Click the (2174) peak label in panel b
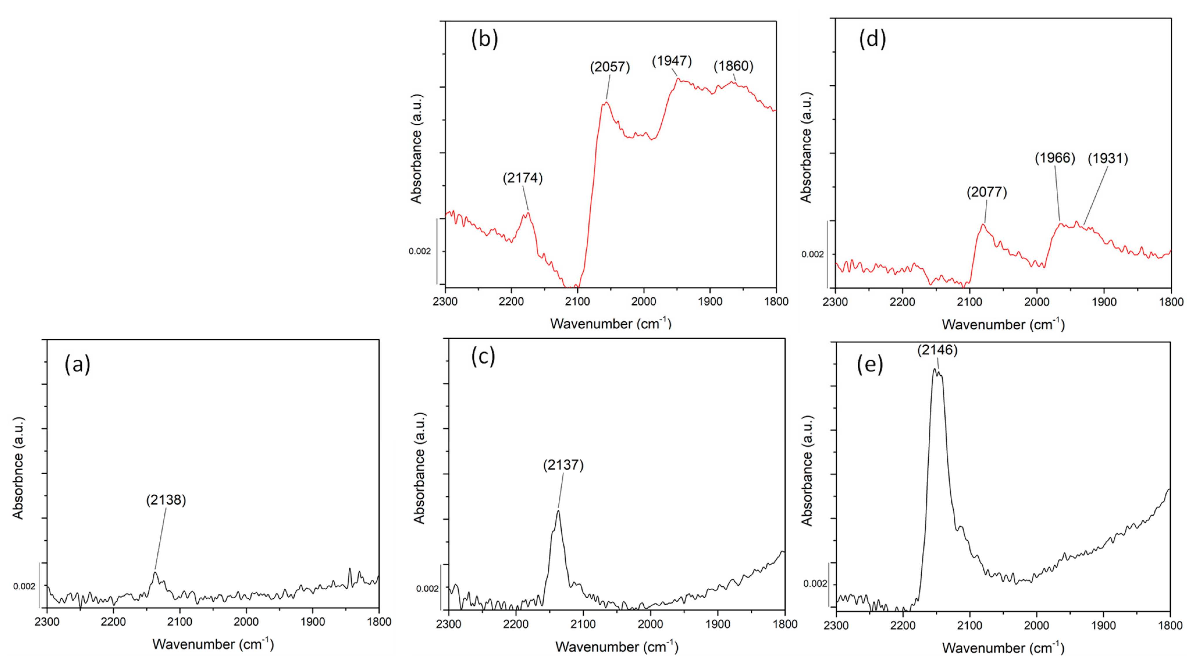click(522, 178)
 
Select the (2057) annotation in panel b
click(609, 67)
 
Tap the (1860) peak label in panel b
click(733, 66)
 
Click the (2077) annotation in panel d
click(987, 192)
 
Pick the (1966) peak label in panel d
click(1055, 158)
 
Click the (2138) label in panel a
click(166, 500)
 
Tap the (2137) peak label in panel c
click(563, 465)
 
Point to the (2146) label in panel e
click(937, 350)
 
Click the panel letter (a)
click(77, 364)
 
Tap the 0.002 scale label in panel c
click(427, 589)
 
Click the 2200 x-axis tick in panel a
click(113, 622)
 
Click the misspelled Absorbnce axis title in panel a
click(17, 468)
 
